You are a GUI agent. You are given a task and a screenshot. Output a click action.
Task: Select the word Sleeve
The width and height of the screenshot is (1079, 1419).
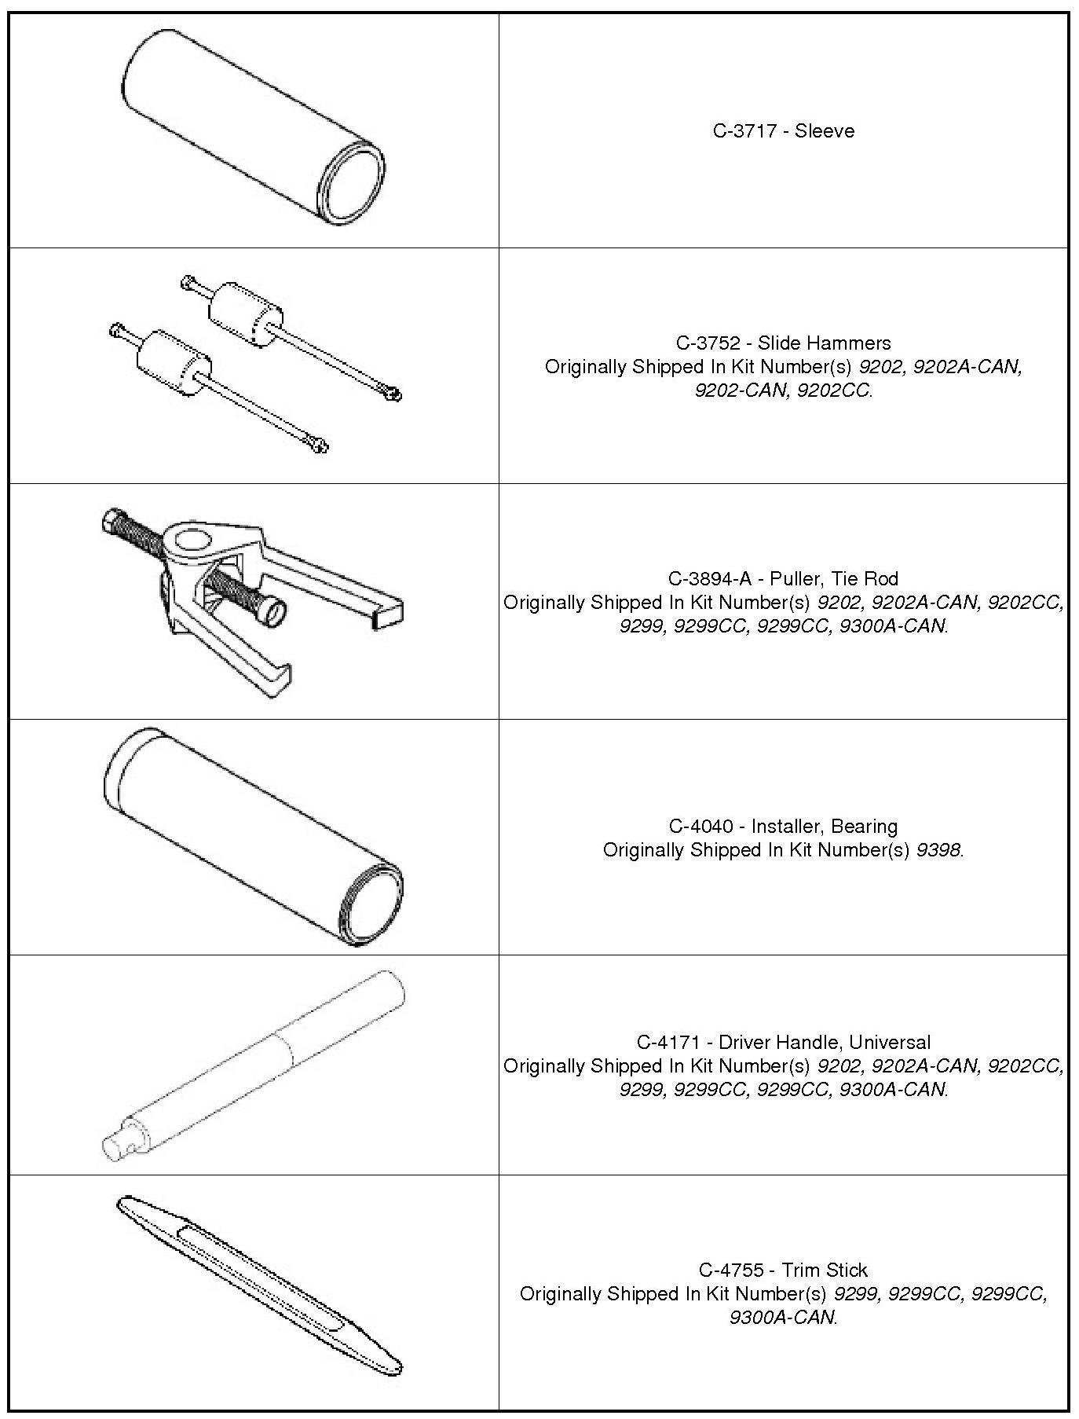[825, 131]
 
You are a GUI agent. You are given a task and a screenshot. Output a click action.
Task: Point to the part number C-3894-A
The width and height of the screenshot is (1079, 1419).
[710, 579]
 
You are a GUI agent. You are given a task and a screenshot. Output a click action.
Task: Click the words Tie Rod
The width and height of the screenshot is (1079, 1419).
[866, 579]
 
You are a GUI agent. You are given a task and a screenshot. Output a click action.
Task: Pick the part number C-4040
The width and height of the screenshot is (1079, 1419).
[700, 827]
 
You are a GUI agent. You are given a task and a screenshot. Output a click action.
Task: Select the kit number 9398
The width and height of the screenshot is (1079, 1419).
[938, 850]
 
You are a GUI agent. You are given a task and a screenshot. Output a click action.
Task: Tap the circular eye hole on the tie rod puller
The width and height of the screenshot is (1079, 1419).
[191, 542]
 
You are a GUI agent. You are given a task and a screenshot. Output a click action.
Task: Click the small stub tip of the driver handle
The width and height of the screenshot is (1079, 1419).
[115, 1145]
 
